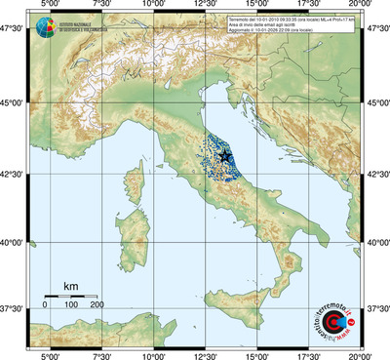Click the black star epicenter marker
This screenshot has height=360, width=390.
pos(225,156)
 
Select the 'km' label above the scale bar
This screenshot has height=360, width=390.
pos(71,286)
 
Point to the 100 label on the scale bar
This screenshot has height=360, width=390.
pos(71,305)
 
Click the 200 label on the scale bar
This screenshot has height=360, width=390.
pos(97,305)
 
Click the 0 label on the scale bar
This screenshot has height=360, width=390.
pos(45,305)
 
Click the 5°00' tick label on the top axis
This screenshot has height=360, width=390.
pos(50,5)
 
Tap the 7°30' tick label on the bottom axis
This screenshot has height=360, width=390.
pos(101,355)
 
